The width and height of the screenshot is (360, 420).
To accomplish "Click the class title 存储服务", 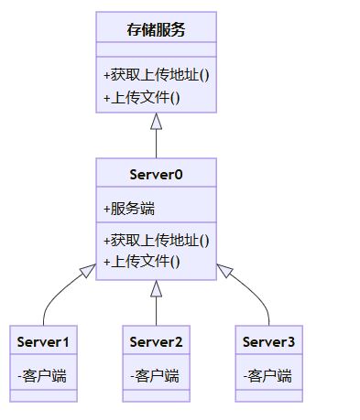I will point(156,29).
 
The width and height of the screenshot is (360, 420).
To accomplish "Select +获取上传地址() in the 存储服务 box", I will point(156,74).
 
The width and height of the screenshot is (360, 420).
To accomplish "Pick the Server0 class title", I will point(156,174).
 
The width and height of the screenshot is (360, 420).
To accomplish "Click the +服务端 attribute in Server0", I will point(128,208).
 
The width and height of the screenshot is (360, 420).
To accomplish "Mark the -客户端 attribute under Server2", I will point(155,375).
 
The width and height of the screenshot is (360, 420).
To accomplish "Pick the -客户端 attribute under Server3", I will point(267,375).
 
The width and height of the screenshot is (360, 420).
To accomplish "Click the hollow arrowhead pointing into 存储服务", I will point(156,121).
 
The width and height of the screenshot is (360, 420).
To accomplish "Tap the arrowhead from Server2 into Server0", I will point(156,288).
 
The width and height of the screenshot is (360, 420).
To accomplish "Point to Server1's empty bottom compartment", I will point(43,395).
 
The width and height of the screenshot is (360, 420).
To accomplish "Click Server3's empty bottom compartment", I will point(268,395).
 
